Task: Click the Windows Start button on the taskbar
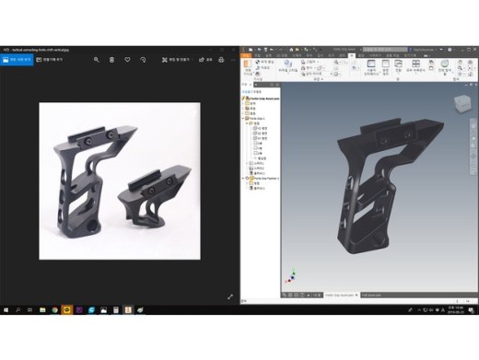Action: point(6,310)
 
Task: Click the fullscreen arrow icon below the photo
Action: point(230,296)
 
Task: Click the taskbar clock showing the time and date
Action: point(457,310)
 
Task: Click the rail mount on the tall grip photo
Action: point(92,134)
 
